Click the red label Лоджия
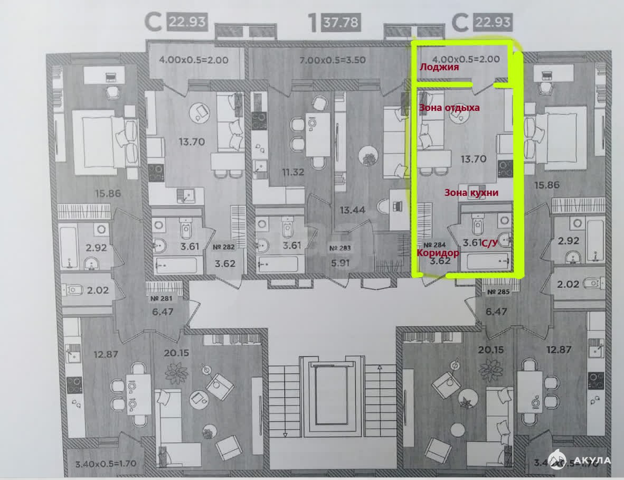(x=439, y=68)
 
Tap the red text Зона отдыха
(x=449, y=108)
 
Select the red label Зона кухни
(x=471, y=193)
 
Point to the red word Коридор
(x=438, y=252)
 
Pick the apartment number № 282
(x=224, y=247)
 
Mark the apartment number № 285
(x=498, y=292)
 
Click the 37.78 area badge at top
(x=344, y=23)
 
